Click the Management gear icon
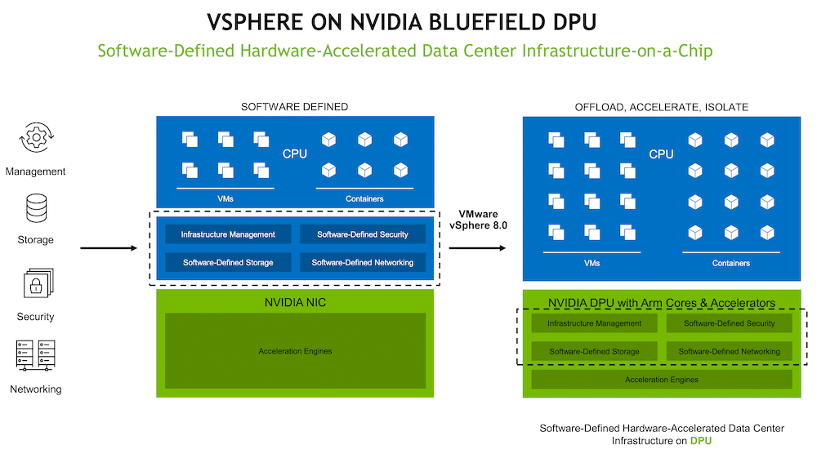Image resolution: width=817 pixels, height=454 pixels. tap(36, 138)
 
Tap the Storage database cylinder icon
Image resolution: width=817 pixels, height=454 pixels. tap(36, 208)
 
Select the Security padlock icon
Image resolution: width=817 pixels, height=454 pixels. tap(38, 284)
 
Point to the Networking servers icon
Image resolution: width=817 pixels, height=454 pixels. tap(35, 355)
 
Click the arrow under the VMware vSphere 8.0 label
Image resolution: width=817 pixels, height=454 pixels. tap(477, 248)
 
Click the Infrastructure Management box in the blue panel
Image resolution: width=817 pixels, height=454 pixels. tap(228, 234)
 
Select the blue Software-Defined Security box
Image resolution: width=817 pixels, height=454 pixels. tap(363, 234)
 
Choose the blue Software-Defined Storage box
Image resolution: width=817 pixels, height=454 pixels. tap(228, 262)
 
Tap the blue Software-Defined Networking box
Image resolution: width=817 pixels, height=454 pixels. tap(363, 262)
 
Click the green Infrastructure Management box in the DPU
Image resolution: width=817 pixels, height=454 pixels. tap(595, 323)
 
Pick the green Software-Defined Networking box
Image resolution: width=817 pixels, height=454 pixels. tap(730, 351)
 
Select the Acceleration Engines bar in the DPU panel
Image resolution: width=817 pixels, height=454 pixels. tap(662, 380)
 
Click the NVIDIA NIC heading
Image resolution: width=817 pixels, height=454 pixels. tap(295, 302)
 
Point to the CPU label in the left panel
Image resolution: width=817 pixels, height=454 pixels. tap(295, 154)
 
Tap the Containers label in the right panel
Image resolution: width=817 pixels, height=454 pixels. tap(731, 264)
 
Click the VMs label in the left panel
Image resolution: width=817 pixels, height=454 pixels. tap(225, 199)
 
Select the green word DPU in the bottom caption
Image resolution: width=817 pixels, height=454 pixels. tap(701, 441)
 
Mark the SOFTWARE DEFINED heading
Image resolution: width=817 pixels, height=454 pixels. tap(294, 107)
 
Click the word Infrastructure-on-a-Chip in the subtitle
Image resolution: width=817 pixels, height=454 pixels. tap(618, 51)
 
